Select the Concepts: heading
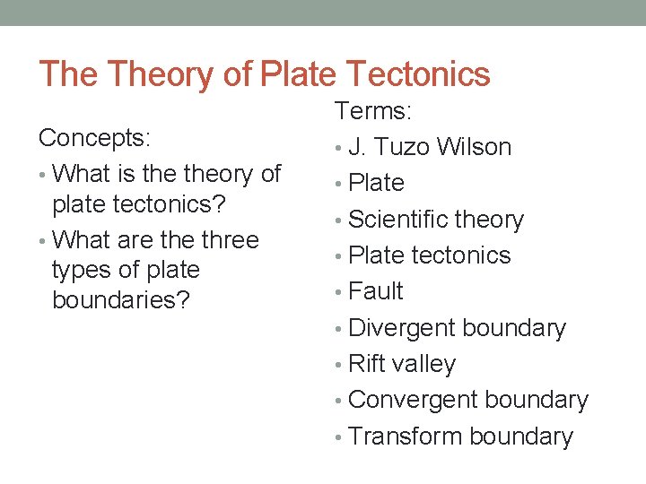tap(94, 138)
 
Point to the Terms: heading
tap(373, 111)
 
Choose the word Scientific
tap(397, 220)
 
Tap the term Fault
tap(376, 291)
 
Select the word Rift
tap(366, 364)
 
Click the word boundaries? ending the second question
tap(121, 299)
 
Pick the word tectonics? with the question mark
tap(177, 203)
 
